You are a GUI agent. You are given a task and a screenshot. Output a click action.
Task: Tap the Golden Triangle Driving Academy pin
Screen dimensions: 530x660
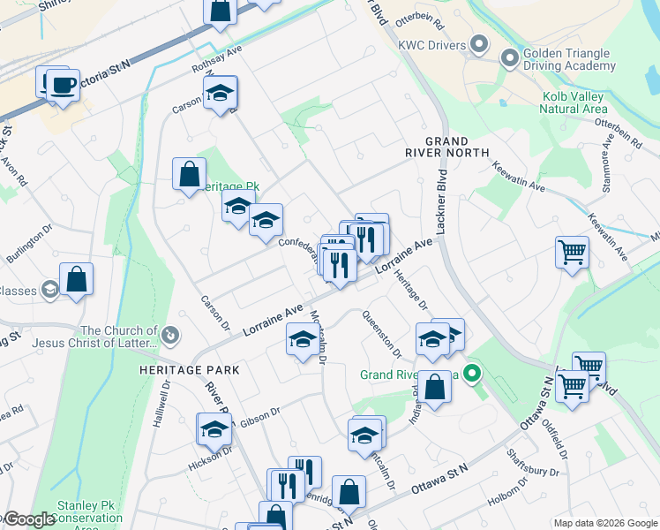509,59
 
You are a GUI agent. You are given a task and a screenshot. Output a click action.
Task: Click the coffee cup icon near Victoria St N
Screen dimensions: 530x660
63,86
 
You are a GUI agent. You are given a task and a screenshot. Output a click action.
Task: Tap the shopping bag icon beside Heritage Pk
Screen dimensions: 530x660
190,174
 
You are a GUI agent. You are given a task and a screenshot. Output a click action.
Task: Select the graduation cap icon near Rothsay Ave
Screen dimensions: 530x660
220,93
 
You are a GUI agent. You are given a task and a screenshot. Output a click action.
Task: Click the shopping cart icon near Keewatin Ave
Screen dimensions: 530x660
572,253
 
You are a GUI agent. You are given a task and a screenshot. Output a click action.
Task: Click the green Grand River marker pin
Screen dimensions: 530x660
472,374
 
